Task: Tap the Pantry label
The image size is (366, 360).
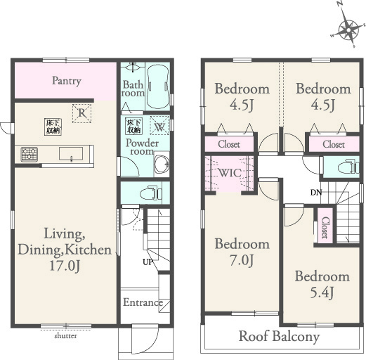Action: click(67, 81)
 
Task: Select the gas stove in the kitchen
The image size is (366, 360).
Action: click(30, 154)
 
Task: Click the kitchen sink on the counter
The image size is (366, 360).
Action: click(71, 154)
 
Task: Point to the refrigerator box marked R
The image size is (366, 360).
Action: click(81, 113)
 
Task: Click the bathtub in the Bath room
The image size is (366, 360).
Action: click(158, 86)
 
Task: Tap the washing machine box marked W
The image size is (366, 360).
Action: click(159, 125)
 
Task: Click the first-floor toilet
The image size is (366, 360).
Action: click(151, 193)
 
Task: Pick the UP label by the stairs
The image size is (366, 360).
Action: click(148, 262)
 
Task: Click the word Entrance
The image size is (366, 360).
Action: click(143, 302)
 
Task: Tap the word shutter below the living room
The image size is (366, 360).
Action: click(65, 336)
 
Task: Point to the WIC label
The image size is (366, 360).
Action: click(230, 173)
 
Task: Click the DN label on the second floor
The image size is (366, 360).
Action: click(316, 193)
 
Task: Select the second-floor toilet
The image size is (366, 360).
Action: click(348, 167)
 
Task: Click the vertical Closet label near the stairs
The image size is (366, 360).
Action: click(325, 227)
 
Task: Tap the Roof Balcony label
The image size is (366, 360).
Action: click(280, 337)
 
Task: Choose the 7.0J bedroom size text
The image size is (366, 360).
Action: click(242, 260)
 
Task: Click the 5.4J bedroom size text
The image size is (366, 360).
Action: click(322, 292)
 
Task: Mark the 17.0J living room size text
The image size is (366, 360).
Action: click(65, 266)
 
